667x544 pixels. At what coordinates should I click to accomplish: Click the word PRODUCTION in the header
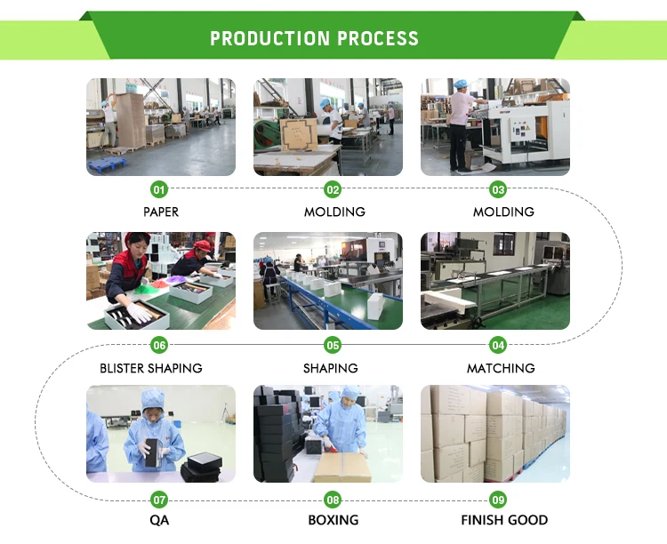(x=269, y=39)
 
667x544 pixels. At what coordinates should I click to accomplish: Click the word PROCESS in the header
(x=377, y=39)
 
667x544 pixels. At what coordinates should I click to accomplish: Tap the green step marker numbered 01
(x=159, y=189)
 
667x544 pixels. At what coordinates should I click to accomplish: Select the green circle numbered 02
(x=333, y=189)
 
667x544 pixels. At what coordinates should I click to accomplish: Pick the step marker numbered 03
(x=498, y=189)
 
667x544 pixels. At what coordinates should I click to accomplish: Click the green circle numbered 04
(x=498, y=345)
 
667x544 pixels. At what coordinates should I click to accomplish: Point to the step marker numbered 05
(x=333, y=345)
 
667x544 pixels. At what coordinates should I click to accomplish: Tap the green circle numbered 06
(x=159, y=345)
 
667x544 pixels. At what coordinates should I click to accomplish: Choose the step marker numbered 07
(x=159, y=500)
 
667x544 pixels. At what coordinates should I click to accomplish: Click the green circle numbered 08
(x=333, y=500)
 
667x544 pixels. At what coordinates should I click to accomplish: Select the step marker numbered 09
(x=498, y=500)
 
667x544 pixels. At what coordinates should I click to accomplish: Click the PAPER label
(x=161, y=212)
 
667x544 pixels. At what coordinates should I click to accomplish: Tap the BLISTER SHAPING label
(x=151, y=368)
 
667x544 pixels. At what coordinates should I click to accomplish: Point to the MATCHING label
(x=501, y=368)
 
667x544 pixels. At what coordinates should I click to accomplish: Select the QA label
(x=159, y=520)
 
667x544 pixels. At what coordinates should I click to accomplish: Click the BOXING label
(x=333, y=520)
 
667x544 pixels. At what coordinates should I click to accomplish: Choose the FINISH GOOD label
(x=504, y=520)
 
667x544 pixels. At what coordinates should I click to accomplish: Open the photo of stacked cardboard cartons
(x=494, y=434)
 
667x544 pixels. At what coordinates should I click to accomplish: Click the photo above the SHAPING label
(x=327, y=281)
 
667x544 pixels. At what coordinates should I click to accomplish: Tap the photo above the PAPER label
(x=161, y=126)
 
